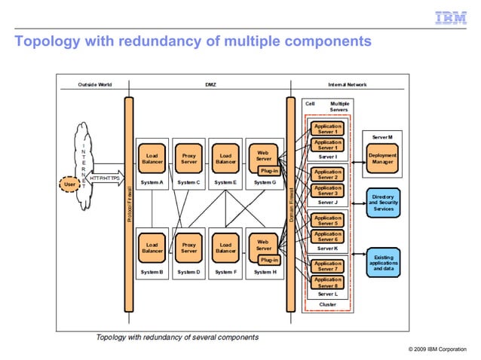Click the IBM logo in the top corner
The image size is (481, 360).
click(x=452, y=18)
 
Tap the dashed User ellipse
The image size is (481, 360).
click(x=69, y=183)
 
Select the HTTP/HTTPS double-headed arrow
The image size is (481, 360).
click(x=104, y=178)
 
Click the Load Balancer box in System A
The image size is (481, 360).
click(x=152, y=158)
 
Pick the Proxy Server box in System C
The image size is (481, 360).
click(x=189, y=158)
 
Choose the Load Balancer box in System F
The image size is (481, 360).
click(x=225, y=248)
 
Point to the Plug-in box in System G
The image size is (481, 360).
click(x=269, y=170)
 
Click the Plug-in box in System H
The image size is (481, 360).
click(x=269, y=260)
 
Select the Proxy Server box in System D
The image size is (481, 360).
click(x=189, y=248)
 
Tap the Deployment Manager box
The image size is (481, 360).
click(x=383, y=159)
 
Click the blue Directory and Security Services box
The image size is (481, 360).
click(x=383, y=203)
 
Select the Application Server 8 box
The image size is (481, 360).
click(x=327, y=282)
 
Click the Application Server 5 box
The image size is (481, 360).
click(x=327, y=220)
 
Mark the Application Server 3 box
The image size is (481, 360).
click(x=327, y=191)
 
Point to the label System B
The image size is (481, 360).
click(x=152, y=272)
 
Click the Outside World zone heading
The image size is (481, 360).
click(x=95, y=85)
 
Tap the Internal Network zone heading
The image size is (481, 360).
click(x=348, y=85)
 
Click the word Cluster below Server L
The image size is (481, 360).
click(x=327, y=304)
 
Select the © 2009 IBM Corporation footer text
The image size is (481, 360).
click(x=437, y=350)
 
